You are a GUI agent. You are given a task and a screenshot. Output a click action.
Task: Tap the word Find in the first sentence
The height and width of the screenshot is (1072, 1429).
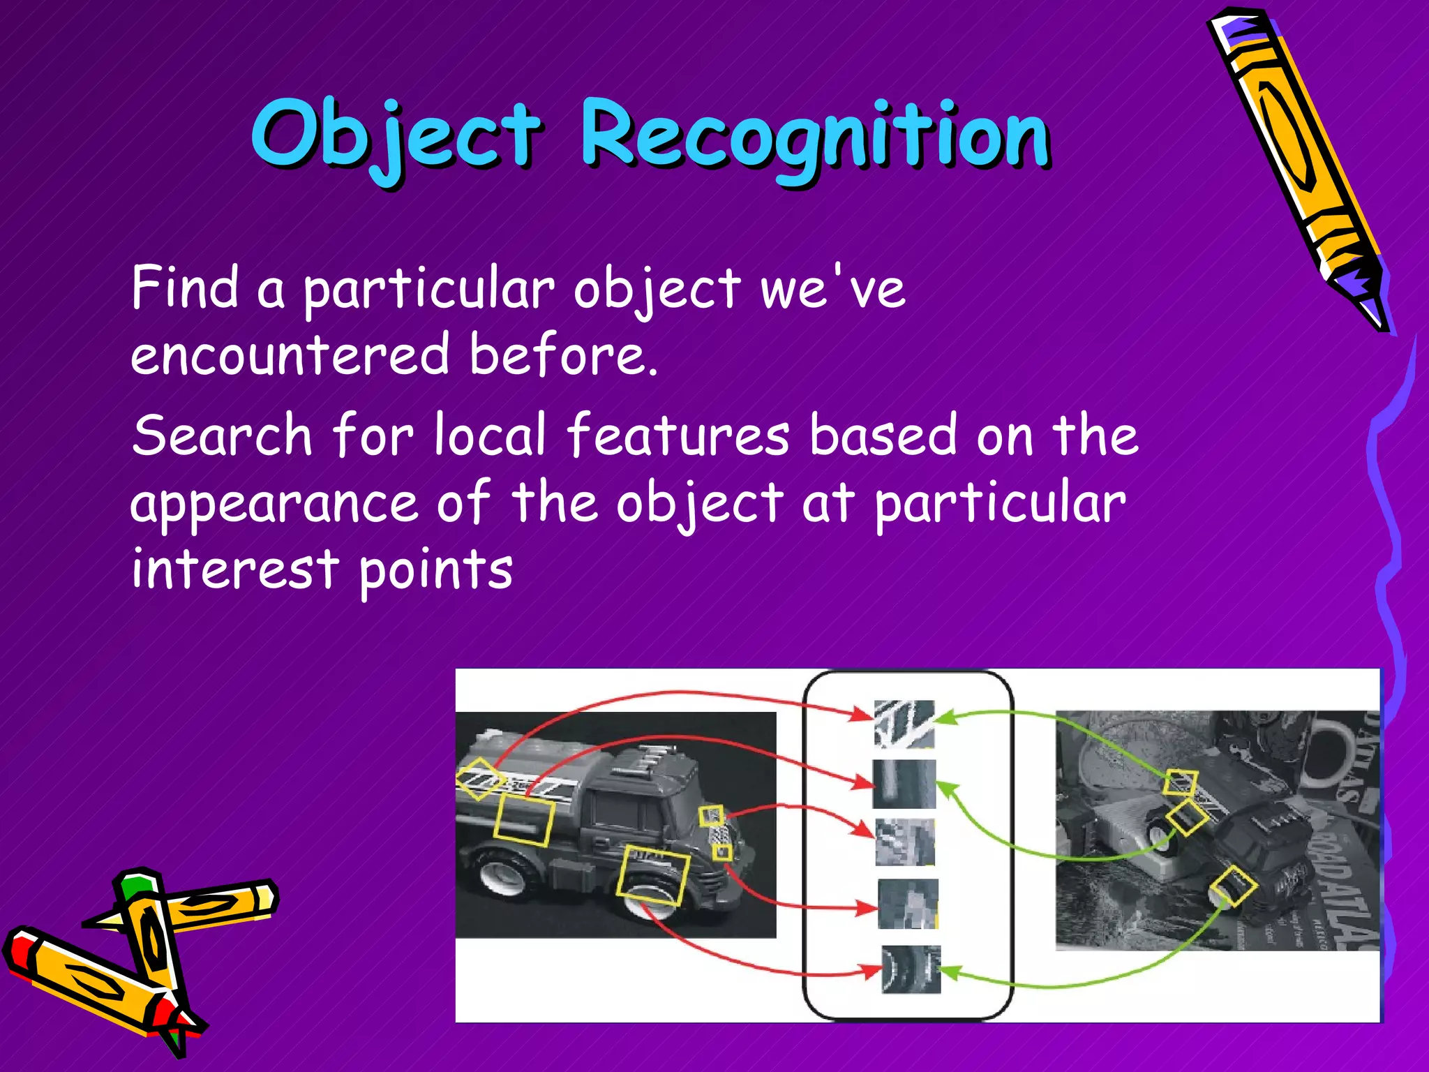tap(185, 288)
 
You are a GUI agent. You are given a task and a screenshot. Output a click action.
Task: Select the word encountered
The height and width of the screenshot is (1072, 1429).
tap(290, 355)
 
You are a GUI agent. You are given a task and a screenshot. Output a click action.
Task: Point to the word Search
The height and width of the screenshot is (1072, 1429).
tap(222, 435)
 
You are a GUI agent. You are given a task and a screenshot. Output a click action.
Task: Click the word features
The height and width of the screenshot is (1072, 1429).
tap(678, 435)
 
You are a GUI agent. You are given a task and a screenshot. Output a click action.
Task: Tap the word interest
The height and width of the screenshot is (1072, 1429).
tap(234, 569)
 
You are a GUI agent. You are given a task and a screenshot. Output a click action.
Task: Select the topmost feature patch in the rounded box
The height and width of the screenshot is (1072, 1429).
tap(904, 724)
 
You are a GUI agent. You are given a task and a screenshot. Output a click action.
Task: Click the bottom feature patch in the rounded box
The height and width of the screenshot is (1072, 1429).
tap(911, 969)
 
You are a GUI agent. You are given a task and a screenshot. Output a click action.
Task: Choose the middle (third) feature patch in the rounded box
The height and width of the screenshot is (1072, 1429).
tap(905, 841)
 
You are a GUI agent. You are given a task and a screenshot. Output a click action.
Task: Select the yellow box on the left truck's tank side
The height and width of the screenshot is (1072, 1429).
tap(524, 821)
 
